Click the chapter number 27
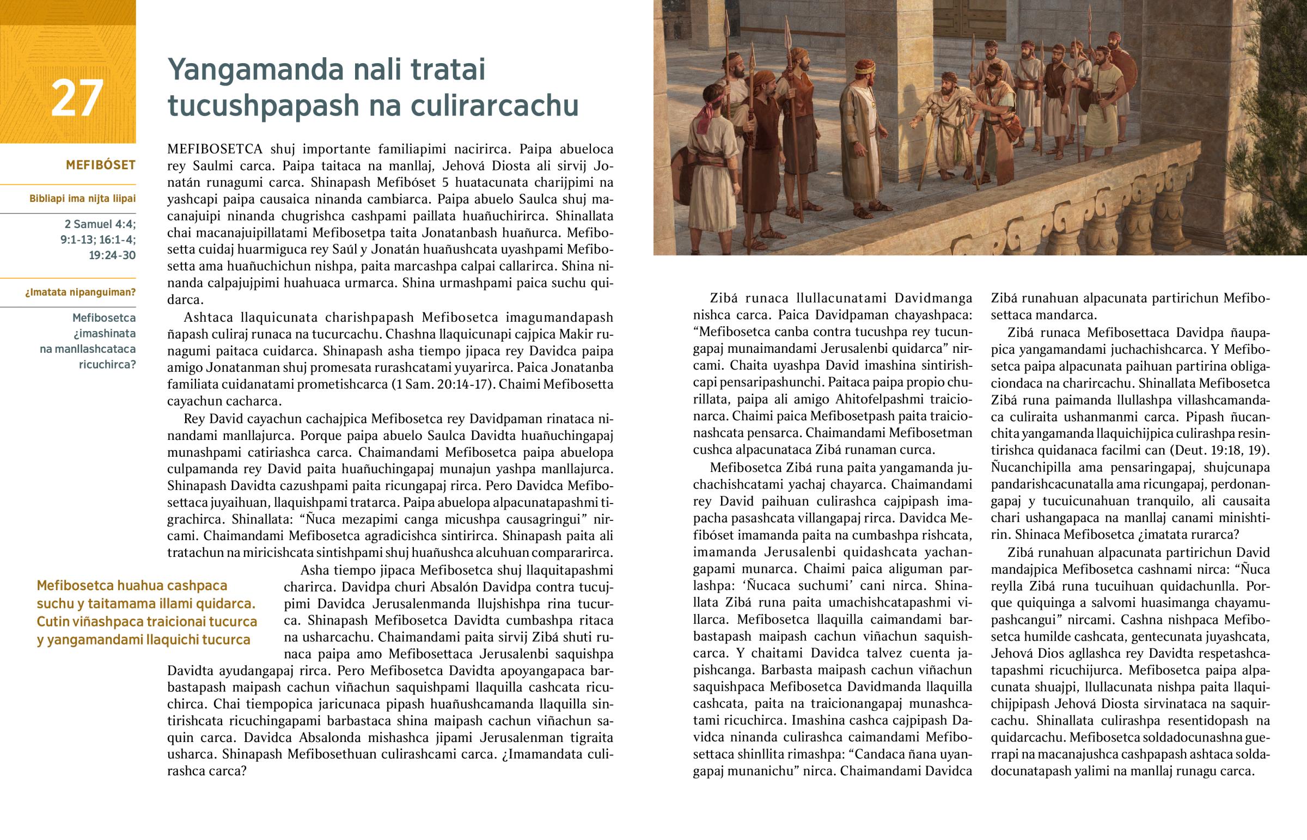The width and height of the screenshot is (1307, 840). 77,98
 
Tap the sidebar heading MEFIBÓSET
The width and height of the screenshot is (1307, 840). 100,165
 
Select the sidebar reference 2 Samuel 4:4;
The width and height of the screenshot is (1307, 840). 100,224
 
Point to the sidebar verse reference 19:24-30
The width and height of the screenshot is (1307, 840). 112,255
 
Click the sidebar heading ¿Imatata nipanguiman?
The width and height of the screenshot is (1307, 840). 80,292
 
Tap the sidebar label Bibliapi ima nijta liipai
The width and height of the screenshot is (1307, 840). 82,199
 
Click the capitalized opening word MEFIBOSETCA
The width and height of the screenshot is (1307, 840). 215,149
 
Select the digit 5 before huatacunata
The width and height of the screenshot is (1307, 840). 445,182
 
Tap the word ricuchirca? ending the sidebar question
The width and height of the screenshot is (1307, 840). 107,364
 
